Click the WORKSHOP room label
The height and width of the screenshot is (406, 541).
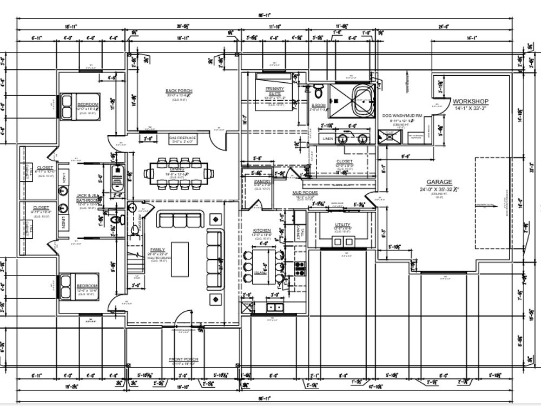[x=470, y=101]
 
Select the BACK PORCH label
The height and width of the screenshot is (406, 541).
[x=179, y=91]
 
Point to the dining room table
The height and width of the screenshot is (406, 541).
[x=179, y=173]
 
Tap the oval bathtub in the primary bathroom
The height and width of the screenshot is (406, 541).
[x=363, y=100]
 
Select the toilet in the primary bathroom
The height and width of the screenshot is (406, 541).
[x=319, y=90]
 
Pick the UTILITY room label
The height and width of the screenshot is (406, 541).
[x=342, y=225]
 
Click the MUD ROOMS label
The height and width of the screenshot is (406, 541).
[x=305, y=193]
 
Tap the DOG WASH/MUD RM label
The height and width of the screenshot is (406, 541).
[x=401, y=116]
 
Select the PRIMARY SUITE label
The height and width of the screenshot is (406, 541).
[x=275, y=91]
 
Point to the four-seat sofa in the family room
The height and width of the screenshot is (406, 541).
[x=215, y=260]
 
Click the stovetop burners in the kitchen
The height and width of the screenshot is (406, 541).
[x=300, y=267]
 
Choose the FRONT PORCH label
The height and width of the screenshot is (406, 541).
[x=183, y=359]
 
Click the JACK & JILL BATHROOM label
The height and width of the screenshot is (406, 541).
[x=87, y=198]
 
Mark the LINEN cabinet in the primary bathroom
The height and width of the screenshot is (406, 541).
[x=328, y=139]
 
